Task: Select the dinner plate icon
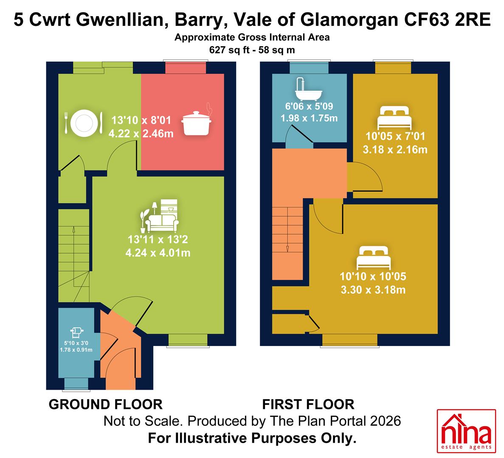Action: point(84,123)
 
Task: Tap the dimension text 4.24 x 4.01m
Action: point(158,253)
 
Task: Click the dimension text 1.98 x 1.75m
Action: point(309,118)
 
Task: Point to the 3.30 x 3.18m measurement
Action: point(373,290)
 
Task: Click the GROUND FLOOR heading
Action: point(105,405)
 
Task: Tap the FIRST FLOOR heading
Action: point(308,405)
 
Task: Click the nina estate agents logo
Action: point(466,431)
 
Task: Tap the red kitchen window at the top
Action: point(186,67)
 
